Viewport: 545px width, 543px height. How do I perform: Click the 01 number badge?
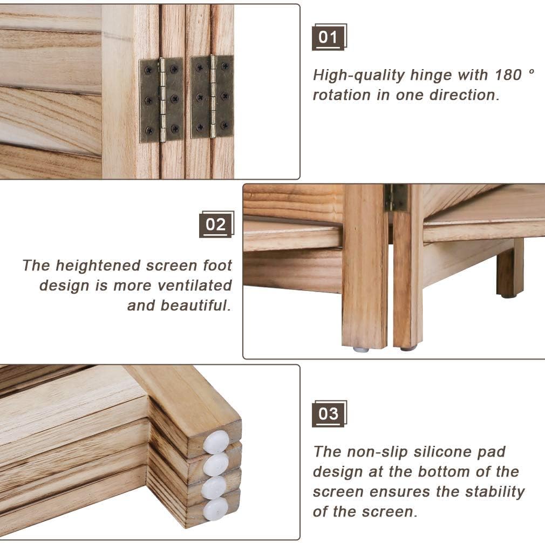(x=328, y=37)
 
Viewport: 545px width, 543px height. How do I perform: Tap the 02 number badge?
(x=216, y=224)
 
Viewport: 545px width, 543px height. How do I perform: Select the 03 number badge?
(x=328, y=414)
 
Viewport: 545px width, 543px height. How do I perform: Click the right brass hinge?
(x=212, y=97)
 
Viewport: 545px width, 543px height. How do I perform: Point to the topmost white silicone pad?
(x=216, y=442)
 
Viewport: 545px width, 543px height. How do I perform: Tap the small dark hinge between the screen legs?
(x=397, y=198)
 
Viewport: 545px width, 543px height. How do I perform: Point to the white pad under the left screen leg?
(x=360, y=350)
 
